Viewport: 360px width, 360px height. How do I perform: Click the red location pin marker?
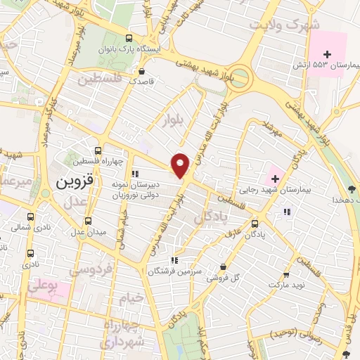point(181,165)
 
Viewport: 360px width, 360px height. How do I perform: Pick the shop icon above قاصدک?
point(142,71)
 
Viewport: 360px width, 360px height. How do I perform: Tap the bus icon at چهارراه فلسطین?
point(98,150)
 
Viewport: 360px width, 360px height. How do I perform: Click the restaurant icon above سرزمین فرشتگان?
point(174,261)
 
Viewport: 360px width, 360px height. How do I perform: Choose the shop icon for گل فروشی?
point(223,267)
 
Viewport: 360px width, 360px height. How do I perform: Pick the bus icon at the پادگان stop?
point(255,224)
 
